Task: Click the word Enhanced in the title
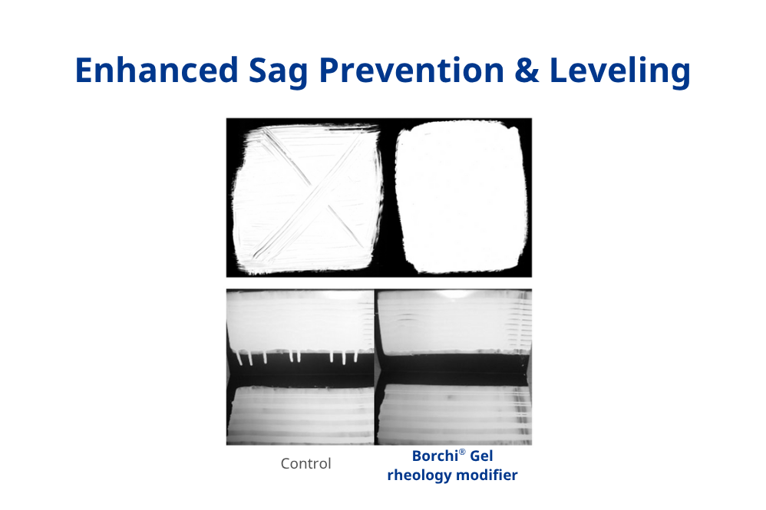click(157, 71)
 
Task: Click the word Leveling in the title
click(620, 71)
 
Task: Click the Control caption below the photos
click(305, 464)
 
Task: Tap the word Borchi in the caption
click(435, 456)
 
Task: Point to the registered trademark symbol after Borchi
click(463, 452)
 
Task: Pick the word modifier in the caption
click(486, 475)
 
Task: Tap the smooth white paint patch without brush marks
click(460, 199)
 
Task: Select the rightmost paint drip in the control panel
click(355, 358)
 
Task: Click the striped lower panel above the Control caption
click(300, 414)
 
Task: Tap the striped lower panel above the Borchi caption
click(453, 414)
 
